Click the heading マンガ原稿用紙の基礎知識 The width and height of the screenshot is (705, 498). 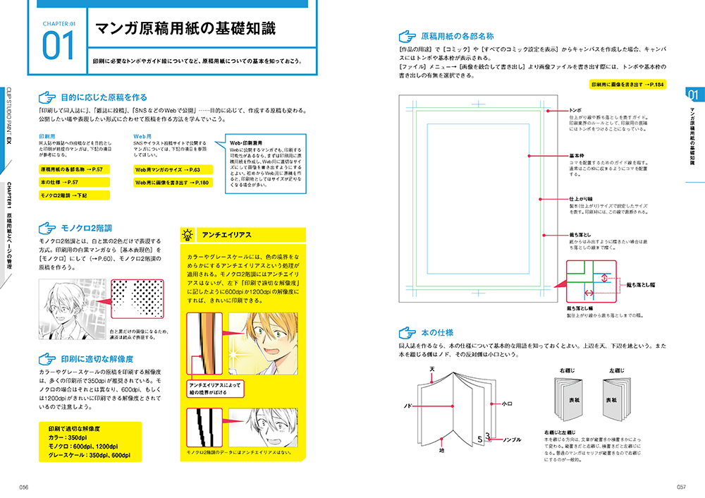[x=185, y=29]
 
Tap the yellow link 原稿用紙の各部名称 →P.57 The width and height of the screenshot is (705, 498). [x=73, y=170]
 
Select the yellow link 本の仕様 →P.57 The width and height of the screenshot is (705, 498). [x=59, y=183]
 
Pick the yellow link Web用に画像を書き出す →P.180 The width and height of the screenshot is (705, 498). [x=172, y=183]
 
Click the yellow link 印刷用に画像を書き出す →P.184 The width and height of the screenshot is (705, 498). [x=627, y=84]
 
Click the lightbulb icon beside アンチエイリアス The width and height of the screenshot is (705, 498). [x=188, y=235]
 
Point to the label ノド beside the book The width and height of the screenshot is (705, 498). [x=407, y=406]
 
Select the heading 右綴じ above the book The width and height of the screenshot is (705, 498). [x=568, y=370]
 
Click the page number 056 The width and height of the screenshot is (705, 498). [x=23, y=486]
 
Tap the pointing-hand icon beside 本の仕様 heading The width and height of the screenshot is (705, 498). [x=407, y=331]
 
